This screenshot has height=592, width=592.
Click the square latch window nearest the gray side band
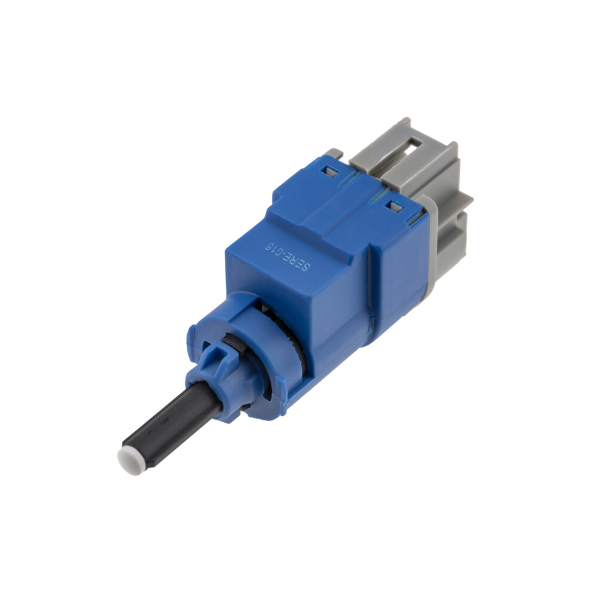396,206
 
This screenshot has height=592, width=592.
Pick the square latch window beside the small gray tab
328,171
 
